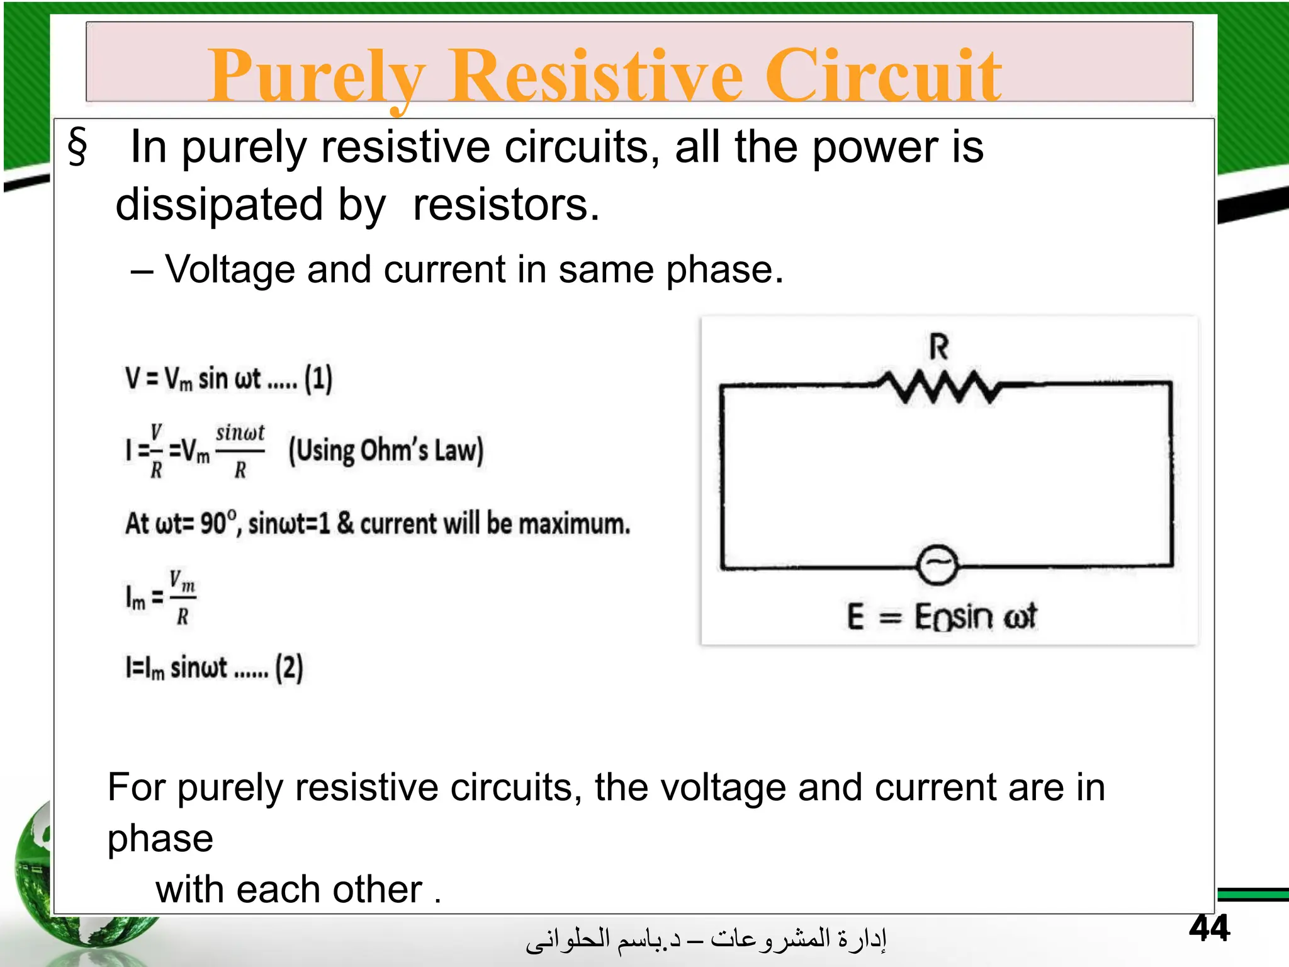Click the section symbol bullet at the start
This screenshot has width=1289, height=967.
[x=77, y=146]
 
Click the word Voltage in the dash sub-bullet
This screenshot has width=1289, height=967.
[x=230, y=269]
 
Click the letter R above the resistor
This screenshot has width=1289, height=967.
[x=938, y=347]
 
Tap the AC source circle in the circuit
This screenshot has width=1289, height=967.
[x=937, y=565]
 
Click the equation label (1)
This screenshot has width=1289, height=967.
[x=318, y=379]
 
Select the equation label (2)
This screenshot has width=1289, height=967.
[x=289, y=668]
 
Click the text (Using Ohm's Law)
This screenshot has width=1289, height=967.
[x=386, y=451]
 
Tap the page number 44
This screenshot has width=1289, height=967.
[x=1209, y=928]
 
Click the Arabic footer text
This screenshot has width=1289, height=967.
[x=706, y=939]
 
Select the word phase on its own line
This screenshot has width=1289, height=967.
[x=160, y=839]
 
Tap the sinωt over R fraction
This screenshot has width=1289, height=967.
[x=240, y=451]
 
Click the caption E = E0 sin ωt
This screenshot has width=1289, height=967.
[x=941, y=616]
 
